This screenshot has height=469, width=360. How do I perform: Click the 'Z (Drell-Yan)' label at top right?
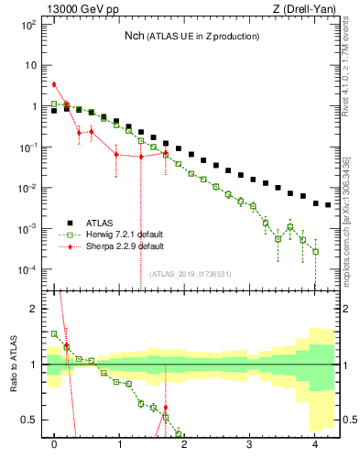click(x=303, y=10)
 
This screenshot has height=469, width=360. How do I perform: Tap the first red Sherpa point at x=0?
click(x=55, y=84)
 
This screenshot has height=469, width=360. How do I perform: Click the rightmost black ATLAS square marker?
click(x=328, y=205)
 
